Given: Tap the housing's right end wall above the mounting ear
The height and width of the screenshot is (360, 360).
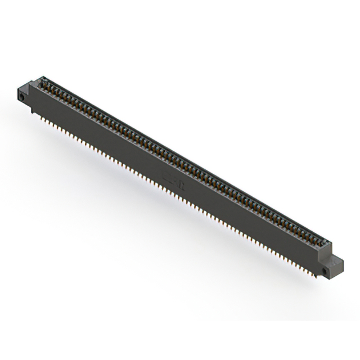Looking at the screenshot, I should tap(328, 251).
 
